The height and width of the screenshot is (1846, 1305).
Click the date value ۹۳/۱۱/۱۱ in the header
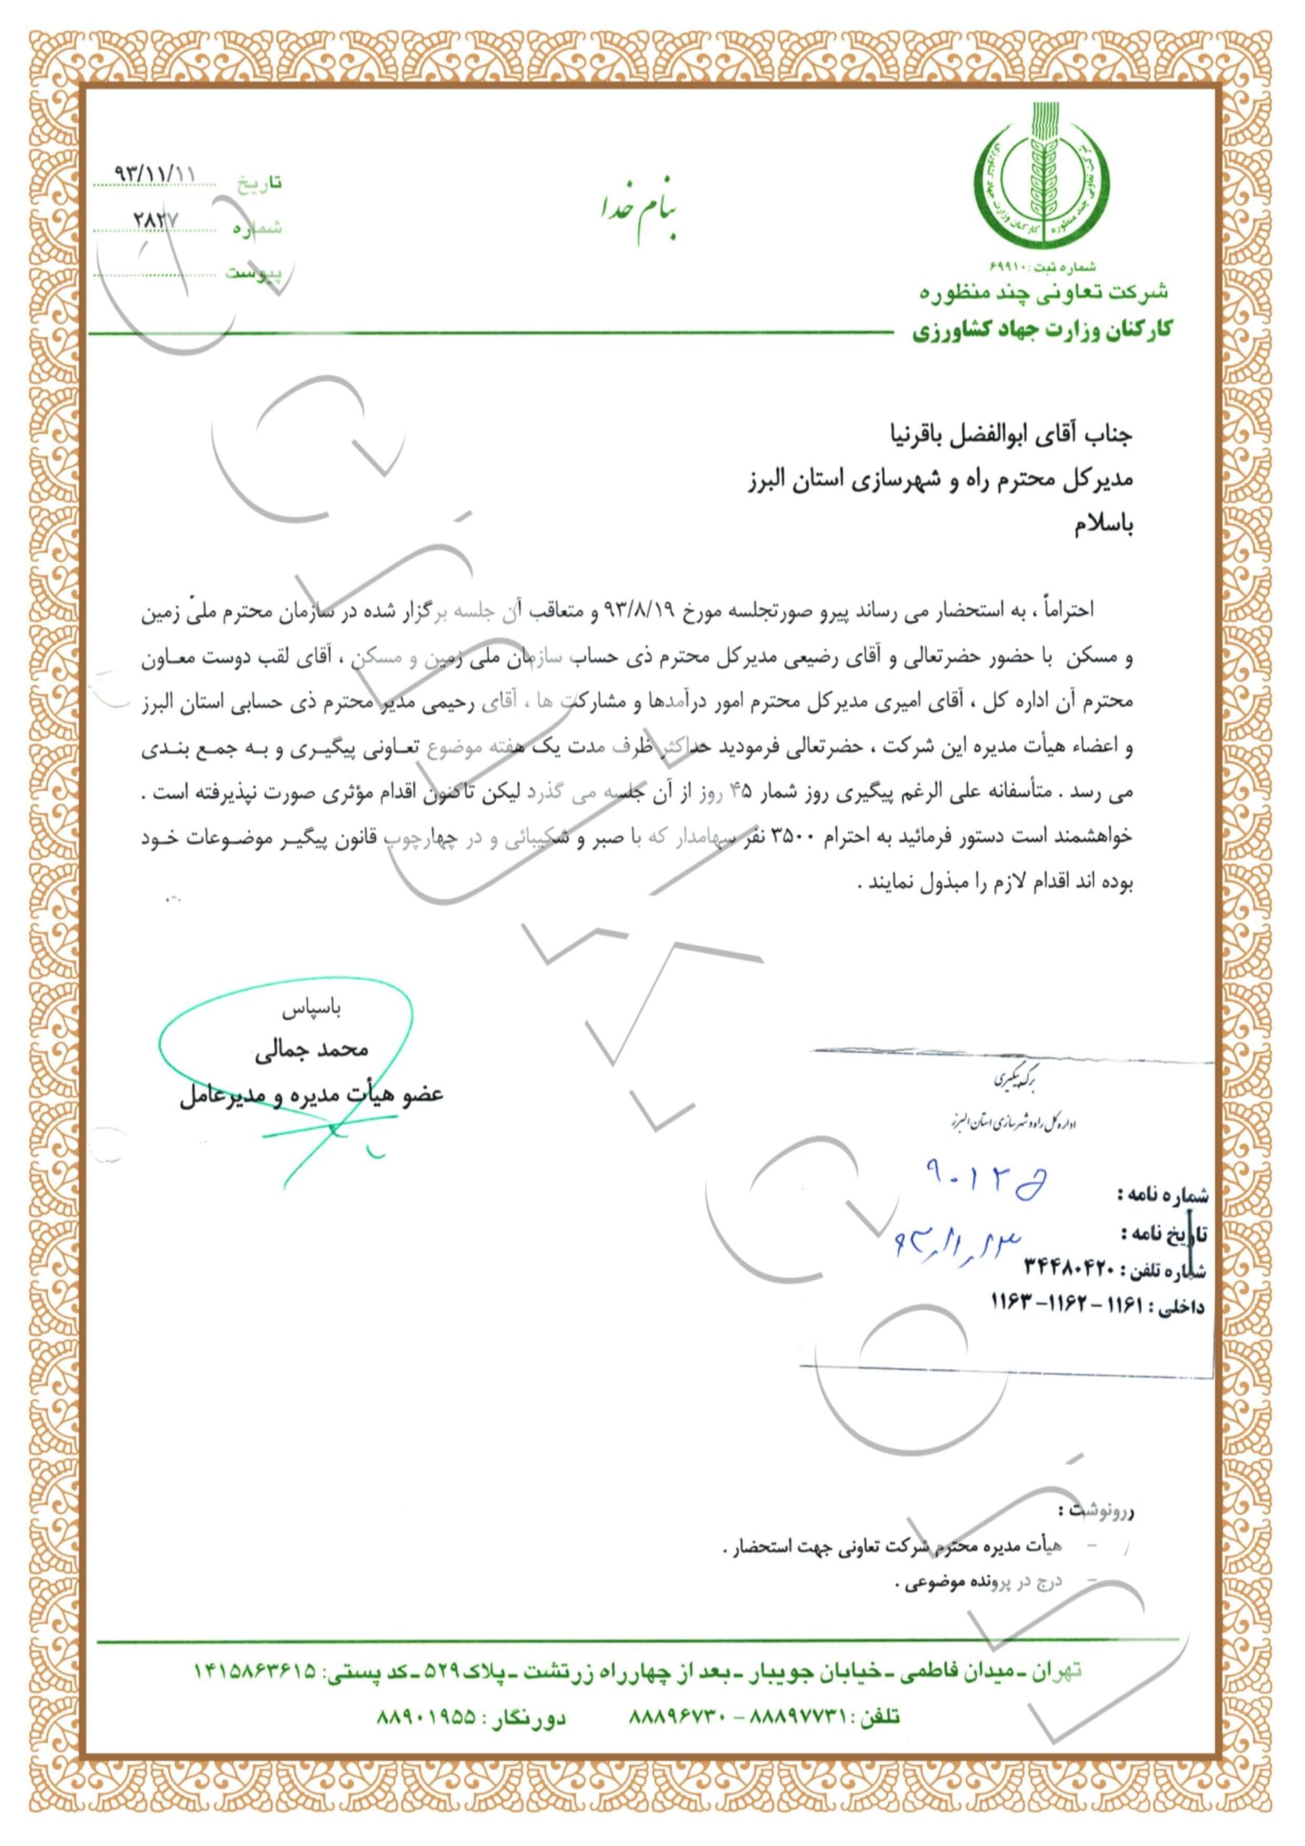[155, 173]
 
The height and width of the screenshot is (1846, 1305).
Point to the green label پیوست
[253, 273]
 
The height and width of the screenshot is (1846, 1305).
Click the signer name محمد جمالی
[311, 1050]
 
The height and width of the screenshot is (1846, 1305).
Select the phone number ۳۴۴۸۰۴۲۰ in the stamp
[1069, 1268]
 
